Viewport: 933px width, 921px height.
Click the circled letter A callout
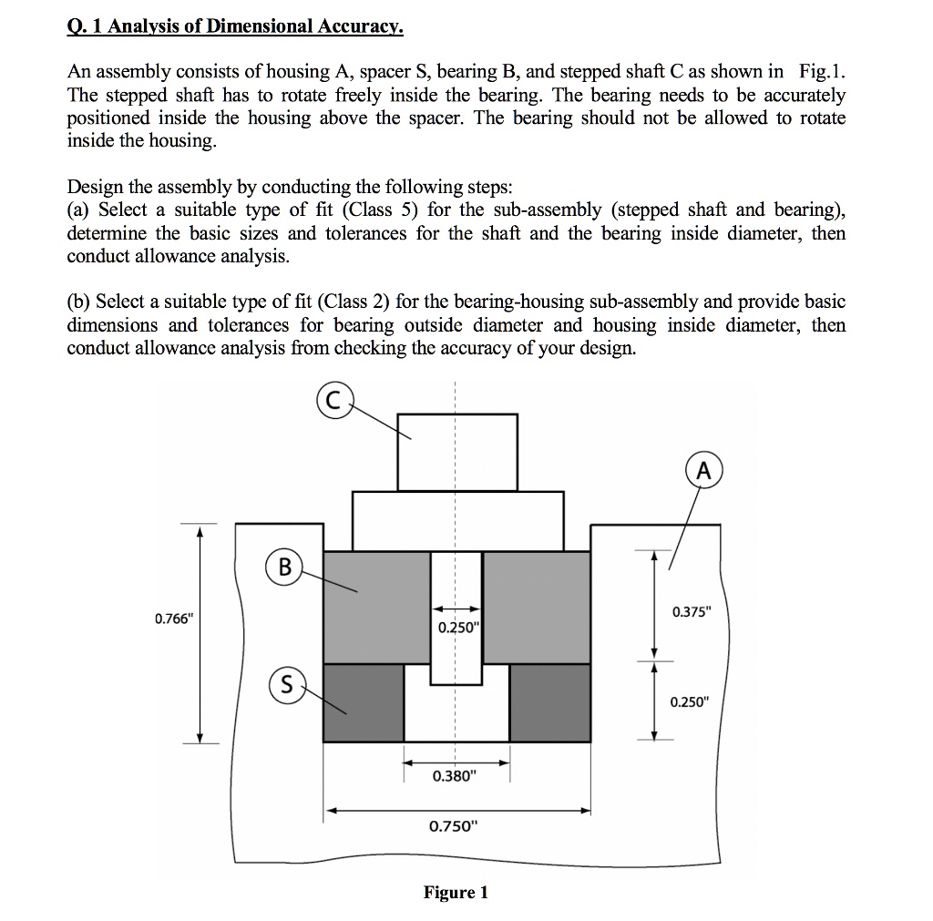tap(702, 471)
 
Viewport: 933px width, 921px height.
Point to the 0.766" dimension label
tap(173, 619)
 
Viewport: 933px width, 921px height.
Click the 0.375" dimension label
tap(690, 611)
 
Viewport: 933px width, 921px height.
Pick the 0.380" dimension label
tap(454, 776)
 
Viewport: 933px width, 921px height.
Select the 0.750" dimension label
tap(453, 826)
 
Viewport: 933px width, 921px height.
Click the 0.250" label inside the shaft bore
tap(456, 628)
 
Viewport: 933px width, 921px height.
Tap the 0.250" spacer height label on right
tap(689, 702)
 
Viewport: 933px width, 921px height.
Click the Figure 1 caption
tap(456, 893)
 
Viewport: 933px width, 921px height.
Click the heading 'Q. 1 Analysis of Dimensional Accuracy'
tap(235, 26)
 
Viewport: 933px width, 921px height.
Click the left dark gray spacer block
tap(364, 702)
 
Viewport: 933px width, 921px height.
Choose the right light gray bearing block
tap(536, 608)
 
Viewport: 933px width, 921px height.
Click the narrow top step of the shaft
tap(457, 452)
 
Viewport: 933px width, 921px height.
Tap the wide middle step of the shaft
tap(457, 521)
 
